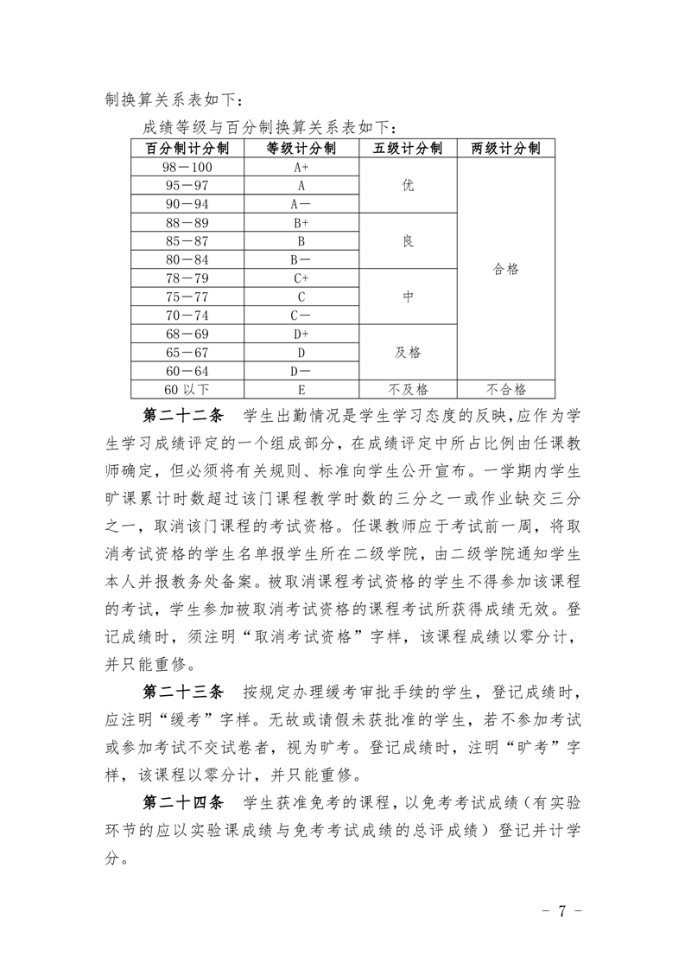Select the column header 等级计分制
coord(301,148)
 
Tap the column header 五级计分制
coord(408,148)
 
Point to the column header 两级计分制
coord(505,148)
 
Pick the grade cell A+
coord(301,167)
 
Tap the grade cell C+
coord(301,278)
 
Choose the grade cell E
coord(301,389)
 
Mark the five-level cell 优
coord(408,185)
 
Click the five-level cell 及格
coord(408,352)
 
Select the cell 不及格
coord(408,389)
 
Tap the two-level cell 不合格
coord(505,389)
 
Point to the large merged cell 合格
coord(505,269)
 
